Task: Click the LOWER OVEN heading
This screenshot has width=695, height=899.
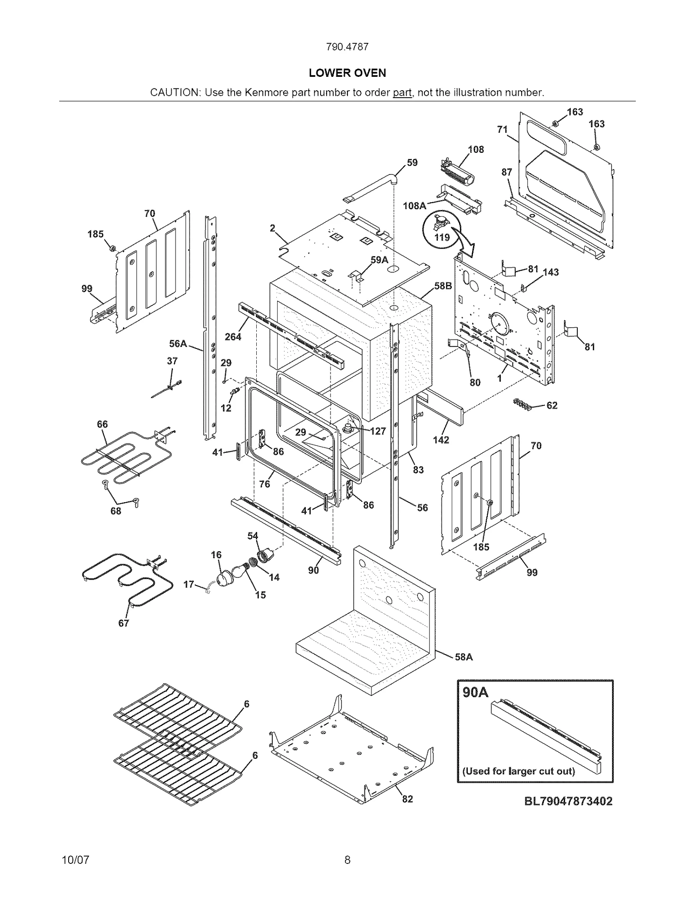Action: pyautogui.click(x=347, y=73)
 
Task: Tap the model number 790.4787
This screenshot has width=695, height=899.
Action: pyautogui.click(x=347, y=47)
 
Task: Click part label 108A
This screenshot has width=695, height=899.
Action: pyautogui.click(x=414, y=206)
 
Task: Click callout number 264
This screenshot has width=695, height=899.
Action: pyautogui.click(x=233, y=336)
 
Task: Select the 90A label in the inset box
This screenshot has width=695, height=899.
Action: pyautogui.click(x=476, y=692)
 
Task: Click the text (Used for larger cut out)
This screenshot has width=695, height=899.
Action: pyautogui.click(x=518, y=771)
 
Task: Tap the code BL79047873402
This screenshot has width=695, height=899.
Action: pyautogui.click(x=568, y=801)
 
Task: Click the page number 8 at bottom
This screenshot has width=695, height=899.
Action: pyautogui.click(x=347, y=859)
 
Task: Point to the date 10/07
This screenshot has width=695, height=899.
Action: pyautogui.click(x=76, y=859)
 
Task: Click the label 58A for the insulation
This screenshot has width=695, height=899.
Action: pyautogui.click(x=463, y=657)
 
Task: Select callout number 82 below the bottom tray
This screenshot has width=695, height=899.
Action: pyautogui.click(x=407, y=799)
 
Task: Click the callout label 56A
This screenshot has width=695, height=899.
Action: pyautogui.click(x=178, y=344)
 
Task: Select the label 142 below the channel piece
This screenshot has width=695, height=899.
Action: pyautogui.click(x=441, y=440)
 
